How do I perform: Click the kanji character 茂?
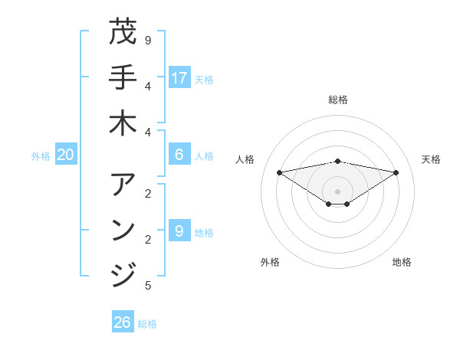point(123,32)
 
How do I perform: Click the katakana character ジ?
point(123,273)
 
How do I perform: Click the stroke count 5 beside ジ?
point(148,286)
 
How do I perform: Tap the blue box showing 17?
point(179,77)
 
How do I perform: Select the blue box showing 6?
point(179,155)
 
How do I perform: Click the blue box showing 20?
point(65,155)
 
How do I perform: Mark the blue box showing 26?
point(123,322)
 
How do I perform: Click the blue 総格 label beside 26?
point(147,324)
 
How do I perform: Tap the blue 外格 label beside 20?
point(41,156)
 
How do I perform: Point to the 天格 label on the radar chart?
point(432,159)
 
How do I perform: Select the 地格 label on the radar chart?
point(402,262)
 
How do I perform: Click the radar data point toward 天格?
point(396,172)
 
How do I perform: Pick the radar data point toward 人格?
point(279,172)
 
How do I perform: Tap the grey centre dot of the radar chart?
point(337,191)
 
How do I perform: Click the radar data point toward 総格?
point(337,161)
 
